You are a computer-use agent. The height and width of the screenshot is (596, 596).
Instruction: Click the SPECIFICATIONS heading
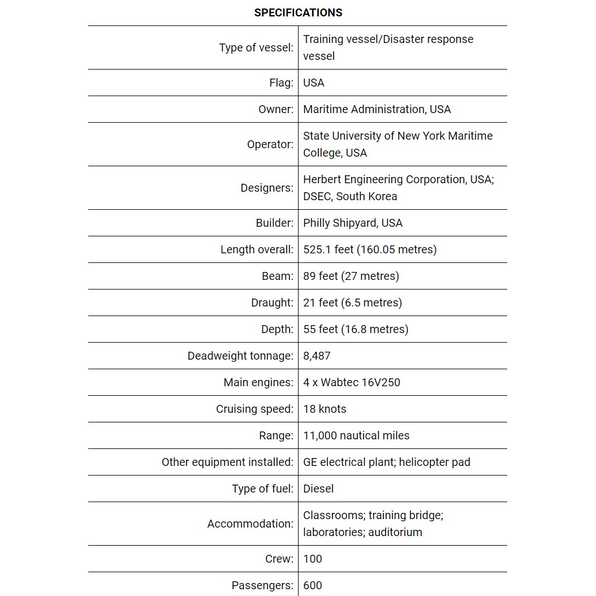point(298,12)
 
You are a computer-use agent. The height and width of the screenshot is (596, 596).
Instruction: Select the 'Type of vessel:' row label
point(256,47)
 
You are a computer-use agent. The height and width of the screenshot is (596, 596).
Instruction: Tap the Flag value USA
point(314,83)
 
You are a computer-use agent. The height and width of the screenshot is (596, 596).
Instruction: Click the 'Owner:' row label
point(276,109)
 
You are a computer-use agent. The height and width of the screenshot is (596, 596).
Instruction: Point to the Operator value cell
point(398,144)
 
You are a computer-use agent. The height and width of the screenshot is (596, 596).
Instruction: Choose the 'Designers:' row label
point(267,188)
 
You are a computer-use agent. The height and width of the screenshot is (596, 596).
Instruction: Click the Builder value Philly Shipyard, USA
point(353,223)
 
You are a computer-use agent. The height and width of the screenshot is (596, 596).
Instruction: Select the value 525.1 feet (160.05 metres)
point(370,249)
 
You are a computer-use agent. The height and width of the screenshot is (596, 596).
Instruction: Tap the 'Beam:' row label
point(278,276)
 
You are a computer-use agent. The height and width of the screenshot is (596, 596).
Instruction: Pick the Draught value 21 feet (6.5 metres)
point(352,303)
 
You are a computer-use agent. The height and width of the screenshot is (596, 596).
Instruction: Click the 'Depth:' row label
point(277,329)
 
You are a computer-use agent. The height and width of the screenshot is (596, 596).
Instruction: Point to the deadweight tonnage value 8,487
point(317,356)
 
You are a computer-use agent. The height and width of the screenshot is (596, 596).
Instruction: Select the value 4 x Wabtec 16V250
point(351,382)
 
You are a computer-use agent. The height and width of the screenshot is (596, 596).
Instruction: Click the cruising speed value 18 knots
point(325,409)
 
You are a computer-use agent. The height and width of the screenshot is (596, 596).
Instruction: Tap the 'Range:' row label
point(277,435)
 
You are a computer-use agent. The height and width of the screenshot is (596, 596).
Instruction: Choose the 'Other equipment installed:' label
point(227,462)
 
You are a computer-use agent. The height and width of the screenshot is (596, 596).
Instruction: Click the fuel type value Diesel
point(318,489)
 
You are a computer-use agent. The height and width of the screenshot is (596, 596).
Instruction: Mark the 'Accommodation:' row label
point(250,524)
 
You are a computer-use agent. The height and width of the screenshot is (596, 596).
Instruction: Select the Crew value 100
point(313,559)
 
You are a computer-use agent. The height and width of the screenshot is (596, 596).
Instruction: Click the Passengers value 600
point(313,585)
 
